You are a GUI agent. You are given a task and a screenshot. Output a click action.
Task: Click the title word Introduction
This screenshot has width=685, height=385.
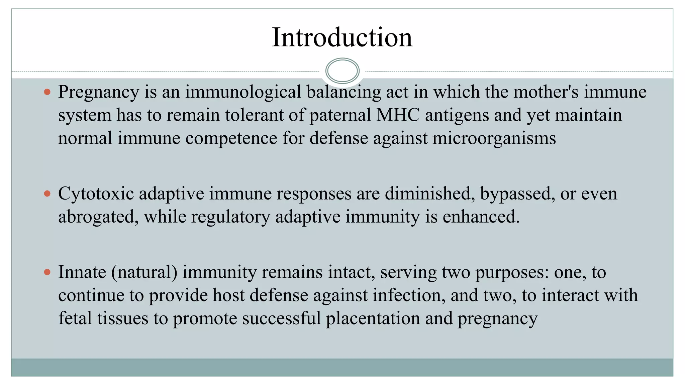point(342,37)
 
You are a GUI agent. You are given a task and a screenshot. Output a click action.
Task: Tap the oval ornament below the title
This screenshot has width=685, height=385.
point(342,71)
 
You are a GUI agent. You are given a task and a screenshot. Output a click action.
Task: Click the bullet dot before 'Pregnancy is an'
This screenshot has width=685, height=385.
point(47,92)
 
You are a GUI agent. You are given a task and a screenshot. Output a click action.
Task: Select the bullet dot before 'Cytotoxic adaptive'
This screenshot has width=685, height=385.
point(47,194)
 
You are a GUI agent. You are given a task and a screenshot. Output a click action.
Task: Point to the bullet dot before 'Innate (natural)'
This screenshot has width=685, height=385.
point(47,272)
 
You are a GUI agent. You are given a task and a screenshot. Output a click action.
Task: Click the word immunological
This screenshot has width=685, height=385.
point(243,92)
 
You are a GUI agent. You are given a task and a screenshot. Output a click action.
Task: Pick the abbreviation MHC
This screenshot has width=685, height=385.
point(398,115)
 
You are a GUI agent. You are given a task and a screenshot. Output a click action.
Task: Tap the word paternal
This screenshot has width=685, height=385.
point(340,115)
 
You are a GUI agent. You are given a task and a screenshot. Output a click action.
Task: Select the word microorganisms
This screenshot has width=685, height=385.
point(494,138)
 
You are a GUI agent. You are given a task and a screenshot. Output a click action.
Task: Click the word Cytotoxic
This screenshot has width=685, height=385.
point(96,194)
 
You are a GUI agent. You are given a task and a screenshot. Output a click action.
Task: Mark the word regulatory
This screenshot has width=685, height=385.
point(230,217)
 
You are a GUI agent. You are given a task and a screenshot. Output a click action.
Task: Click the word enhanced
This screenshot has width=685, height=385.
point(481,217)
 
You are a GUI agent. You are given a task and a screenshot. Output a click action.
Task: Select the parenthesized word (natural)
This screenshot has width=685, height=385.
point(144,272)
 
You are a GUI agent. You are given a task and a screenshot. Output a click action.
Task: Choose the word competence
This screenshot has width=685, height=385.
point(231,138)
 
